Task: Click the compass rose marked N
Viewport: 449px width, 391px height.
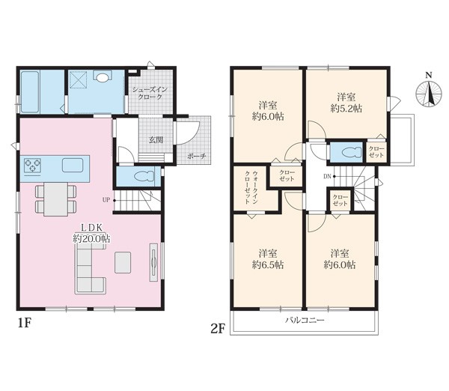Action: click(428, 94)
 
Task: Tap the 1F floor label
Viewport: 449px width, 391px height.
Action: click(25, 324)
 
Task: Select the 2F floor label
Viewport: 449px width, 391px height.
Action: click(217, 329)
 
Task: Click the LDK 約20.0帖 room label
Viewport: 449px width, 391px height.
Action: click(91, 233)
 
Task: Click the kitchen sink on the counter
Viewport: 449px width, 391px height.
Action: click(73, 165)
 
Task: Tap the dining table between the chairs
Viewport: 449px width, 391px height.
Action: click(56, 199)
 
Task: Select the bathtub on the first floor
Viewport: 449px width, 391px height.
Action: click(30, 91)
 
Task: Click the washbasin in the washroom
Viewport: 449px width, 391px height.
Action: click(103, 76)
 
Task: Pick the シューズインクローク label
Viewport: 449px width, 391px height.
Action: click(150, 93)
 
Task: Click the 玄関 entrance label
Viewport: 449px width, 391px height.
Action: click(156, 140)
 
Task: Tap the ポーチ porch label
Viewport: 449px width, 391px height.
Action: click(196, 157)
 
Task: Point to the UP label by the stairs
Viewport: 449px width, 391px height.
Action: click(106, 200)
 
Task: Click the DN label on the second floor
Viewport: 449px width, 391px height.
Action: click(327, 177)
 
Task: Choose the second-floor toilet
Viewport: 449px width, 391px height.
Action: click(352, 152)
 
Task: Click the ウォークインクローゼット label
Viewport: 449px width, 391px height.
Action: click(251, 188)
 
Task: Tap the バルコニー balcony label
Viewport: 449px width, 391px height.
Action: click(305, 320)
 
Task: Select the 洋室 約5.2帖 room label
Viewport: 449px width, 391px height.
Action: click(346, 103)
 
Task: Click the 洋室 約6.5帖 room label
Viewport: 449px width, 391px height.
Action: click(268, 259)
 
